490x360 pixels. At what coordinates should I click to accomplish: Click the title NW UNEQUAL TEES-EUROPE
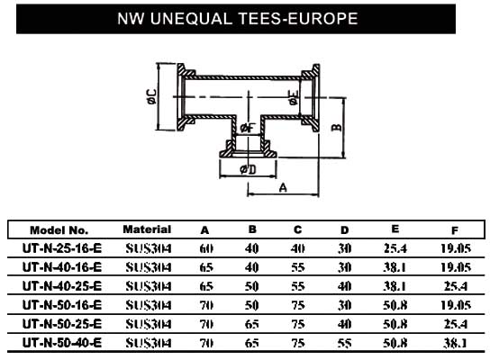pos(238,18)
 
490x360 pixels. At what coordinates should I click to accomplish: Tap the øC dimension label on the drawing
pos(151,96)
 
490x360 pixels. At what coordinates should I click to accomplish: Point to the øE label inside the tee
pos(294,98)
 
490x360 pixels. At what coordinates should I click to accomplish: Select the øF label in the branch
pos(248,128)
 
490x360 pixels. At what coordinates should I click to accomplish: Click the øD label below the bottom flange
pos(248,169)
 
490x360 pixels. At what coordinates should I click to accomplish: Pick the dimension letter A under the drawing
pos(283,188)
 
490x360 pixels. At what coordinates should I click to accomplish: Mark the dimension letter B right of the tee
pos(337,128)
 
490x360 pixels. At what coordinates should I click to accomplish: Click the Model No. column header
pos(59,230)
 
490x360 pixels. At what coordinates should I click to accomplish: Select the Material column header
pos(147,229)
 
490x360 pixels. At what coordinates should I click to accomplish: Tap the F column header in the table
pos(455,230)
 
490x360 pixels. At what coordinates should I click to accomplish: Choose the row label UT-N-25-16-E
pos(62,248)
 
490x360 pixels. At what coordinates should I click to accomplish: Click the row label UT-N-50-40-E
pos(62,343)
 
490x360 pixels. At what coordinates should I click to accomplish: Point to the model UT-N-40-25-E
pos(62,286)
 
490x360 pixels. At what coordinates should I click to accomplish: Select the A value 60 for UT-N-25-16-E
pos(206,248)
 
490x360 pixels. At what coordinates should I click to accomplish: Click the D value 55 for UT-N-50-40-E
pos(344,343)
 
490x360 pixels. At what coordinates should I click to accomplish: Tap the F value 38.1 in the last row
pos(455,343)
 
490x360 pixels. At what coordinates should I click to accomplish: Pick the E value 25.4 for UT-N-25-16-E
pos(395,248)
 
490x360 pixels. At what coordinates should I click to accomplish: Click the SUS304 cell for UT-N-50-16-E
pos(149,305)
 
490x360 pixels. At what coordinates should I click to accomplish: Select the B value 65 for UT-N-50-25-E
pos(252,324)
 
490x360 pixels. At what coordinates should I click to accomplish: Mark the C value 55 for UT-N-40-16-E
pos(298,267)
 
